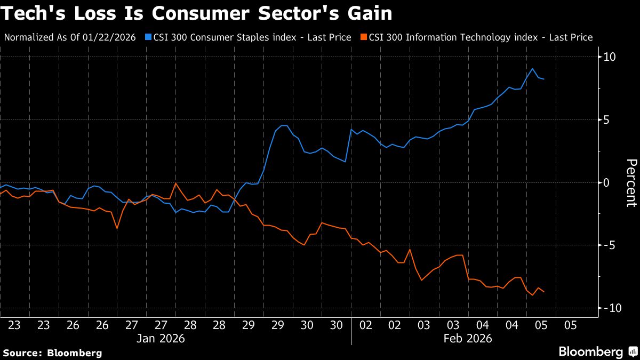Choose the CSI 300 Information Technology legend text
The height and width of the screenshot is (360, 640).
[481, 37]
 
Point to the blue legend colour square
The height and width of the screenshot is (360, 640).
[148, 37]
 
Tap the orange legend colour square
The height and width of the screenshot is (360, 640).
[364, 37]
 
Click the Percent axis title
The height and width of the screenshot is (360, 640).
[631, 183]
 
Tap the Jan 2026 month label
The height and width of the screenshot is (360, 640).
[161, 338]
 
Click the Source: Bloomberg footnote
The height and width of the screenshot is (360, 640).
[52, 353]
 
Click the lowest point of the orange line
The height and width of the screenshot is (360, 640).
[532, 295]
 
